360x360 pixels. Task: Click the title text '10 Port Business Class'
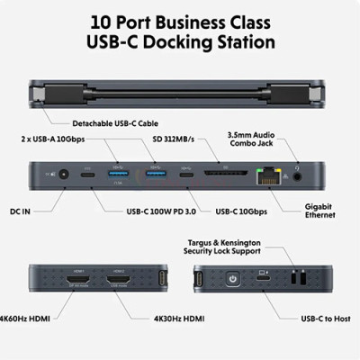pyautogui.click(x=180, y=18)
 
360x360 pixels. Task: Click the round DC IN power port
pyautogui.click(x=63, y=171)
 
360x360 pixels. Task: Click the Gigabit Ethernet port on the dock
pyautogui.click(x=269, y=171)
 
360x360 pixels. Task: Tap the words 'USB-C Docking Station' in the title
pyautogui.click(x=180, y=40)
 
